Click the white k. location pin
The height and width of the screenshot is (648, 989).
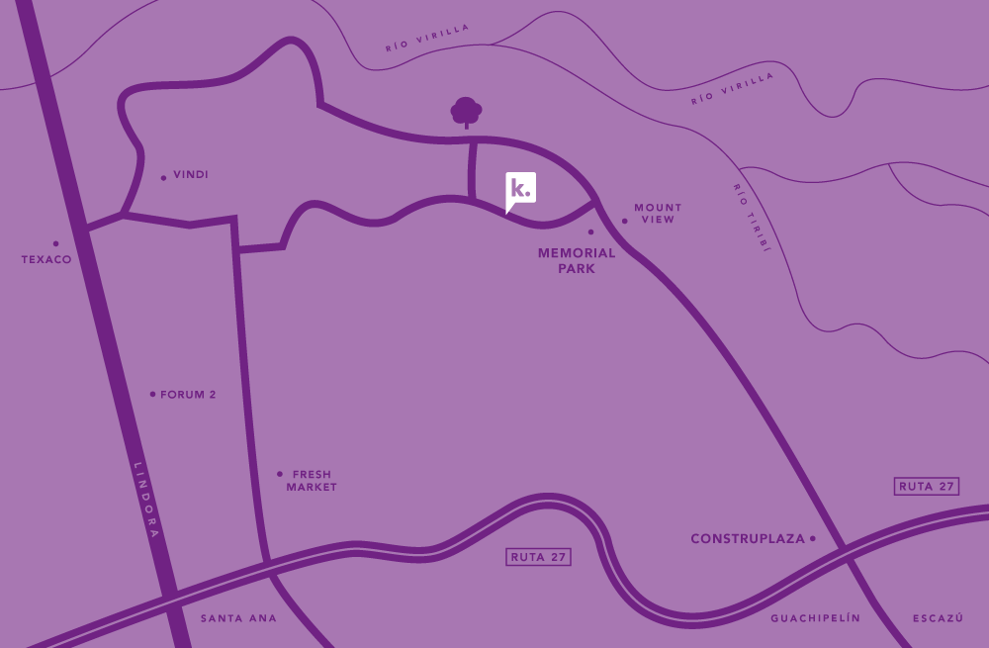pos(520,188)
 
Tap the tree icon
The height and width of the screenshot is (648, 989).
pos(466,112)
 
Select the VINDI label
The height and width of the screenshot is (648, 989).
pos(191,175)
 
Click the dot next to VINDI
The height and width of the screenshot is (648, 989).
pos(163,178)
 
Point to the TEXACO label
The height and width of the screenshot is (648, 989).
pos(46,260)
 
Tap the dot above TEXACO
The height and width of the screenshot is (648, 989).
pos(55,243)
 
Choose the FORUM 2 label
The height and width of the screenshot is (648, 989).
pos(188,395)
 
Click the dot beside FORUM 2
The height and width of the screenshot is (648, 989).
pos(152,394)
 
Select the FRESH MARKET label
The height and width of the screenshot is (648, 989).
pos(312,481)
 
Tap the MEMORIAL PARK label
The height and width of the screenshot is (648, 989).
pos(577,260)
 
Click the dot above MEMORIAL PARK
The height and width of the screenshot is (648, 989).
pos(590,232)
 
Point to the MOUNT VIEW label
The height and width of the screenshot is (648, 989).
pos(658,214)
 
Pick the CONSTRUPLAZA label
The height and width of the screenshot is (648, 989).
pos(748,539)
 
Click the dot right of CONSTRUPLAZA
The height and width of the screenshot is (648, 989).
pos(813,539)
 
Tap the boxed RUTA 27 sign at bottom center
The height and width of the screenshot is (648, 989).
pos(538,557)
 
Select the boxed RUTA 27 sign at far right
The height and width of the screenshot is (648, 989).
pos(926,486)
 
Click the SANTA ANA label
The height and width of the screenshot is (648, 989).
pos(238,618)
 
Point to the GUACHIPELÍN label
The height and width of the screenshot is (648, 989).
pos(816,618)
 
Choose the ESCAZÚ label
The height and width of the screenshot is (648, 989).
pos(938,618)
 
